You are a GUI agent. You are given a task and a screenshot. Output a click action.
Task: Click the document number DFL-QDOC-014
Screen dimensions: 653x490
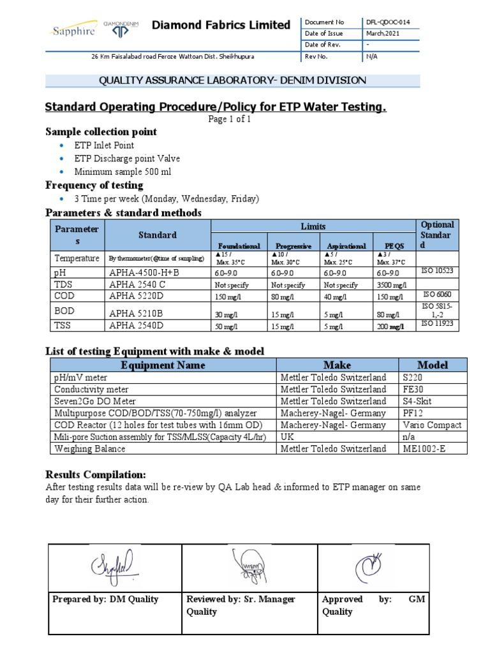click(x=387, y=22)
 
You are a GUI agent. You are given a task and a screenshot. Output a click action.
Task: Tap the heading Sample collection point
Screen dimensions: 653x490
click(x=101, y=132)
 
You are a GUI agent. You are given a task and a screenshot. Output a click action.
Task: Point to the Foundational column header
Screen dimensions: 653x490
click(x=239, y=246)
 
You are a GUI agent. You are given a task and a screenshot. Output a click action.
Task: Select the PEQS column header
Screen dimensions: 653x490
click(x=395, y=246)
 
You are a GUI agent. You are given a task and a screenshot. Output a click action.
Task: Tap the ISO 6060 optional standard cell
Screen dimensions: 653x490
click(x=436, y=295)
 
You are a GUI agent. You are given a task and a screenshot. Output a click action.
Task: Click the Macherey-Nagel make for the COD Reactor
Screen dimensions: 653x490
click(x=333, y=425)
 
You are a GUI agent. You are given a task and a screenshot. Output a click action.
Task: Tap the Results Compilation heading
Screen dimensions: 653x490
click(x=96, y=475)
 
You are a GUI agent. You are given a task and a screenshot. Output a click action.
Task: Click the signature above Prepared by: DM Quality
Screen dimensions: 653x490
click(x=114, y=564)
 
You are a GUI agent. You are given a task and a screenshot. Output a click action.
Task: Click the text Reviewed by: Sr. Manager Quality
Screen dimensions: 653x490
click(x=241, y=605)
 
